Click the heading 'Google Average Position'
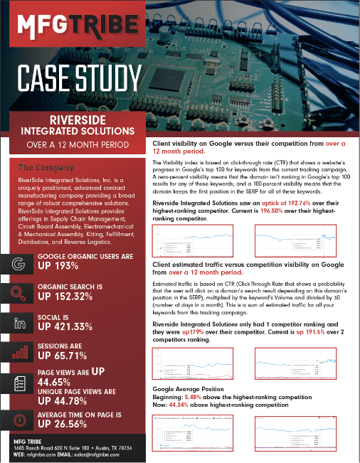pyautogui.click(x=194, y=390)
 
